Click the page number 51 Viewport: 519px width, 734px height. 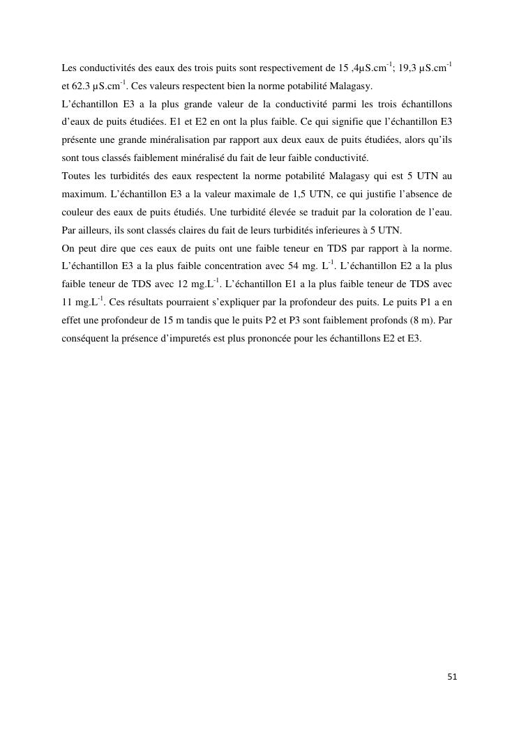coord(451,677)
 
